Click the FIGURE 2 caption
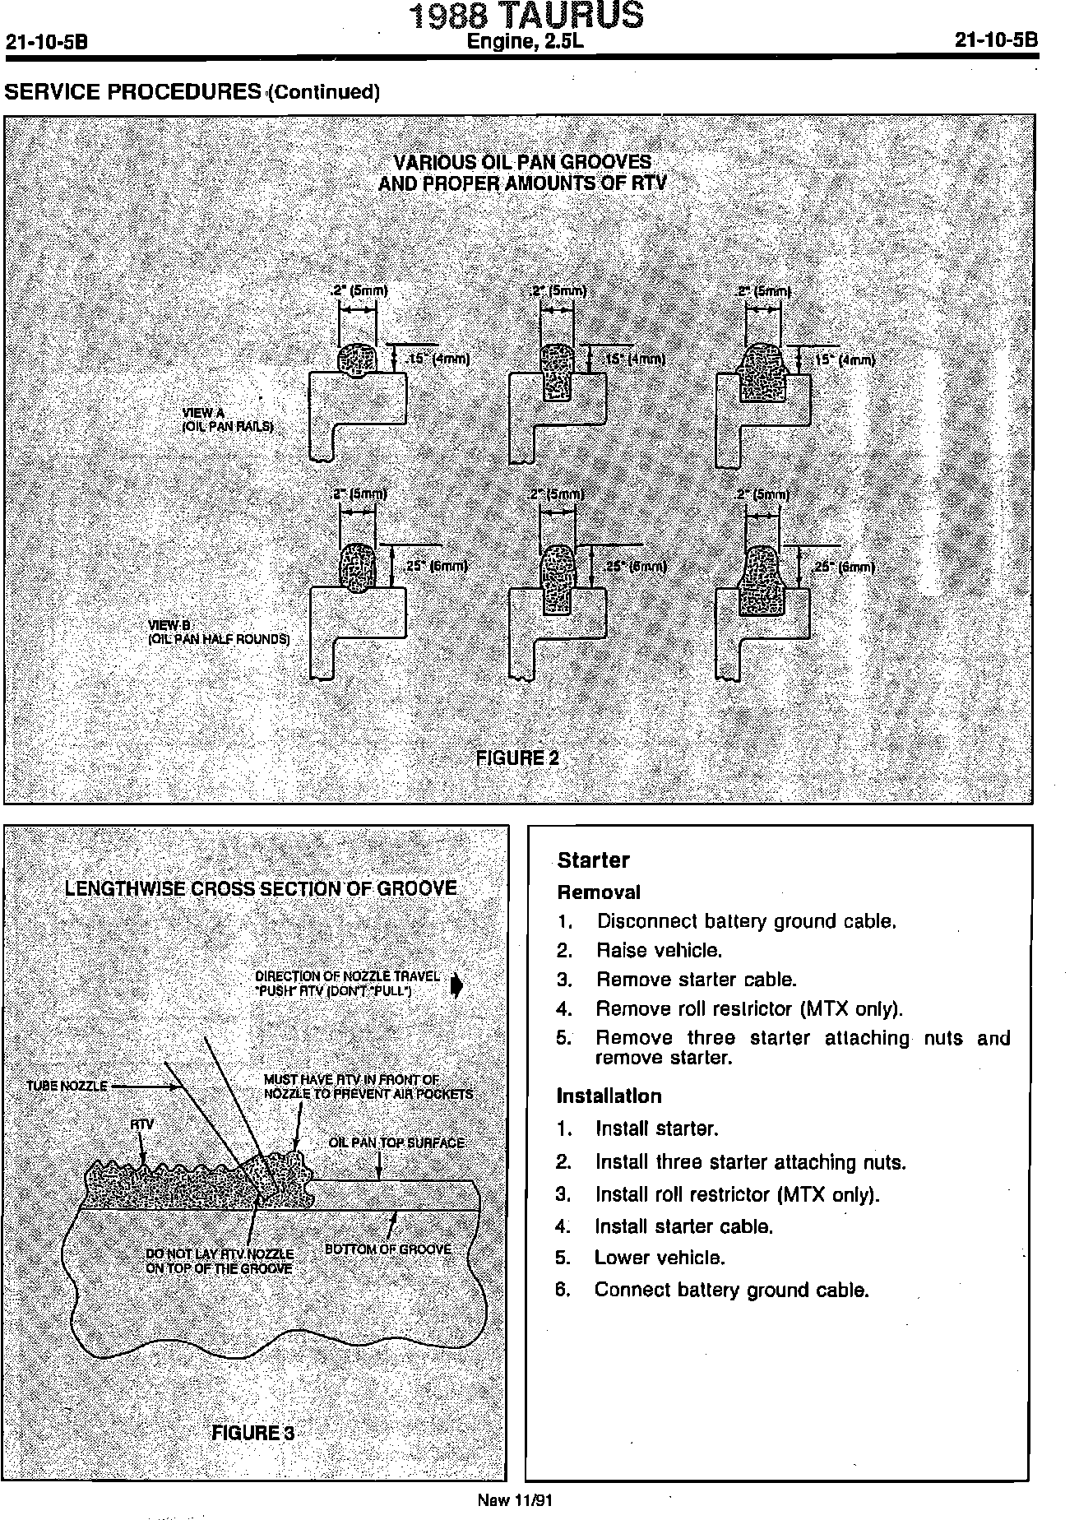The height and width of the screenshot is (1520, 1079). pos(517,758)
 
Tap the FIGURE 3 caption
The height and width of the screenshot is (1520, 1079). pos(252,1433)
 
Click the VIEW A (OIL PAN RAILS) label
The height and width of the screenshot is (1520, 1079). pos(227,419)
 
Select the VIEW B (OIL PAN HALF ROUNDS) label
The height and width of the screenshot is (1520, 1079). pos(218,632)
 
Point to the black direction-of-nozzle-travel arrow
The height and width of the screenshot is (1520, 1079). pos(457,985)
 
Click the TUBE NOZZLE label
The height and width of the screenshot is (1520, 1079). pos(67,1086)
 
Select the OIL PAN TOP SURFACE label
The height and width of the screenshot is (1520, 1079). pos(396,1142)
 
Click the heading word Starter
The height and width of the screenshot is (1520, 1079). pos(593,860)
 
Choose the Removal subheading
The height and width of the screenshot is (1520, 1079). pos(599,892)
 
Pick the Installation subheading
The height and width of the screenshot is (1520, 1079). pos(609,1096)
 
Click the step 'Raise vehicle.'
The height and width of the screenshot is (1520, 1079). pos(659,951)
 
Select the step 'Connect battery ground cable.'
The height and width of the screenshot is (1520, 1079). pos(731,1290)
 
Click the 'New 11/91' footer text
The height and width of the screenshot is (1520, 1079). pos(515,1499)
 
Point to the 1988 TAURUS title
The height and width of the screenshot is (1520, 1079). pos(526,16)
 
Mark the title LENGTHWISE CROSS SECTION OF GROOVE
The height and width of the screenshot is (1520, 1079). pos(261,888)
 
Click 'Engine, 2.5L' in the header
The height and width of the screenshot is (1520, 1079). pos(525,42)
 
